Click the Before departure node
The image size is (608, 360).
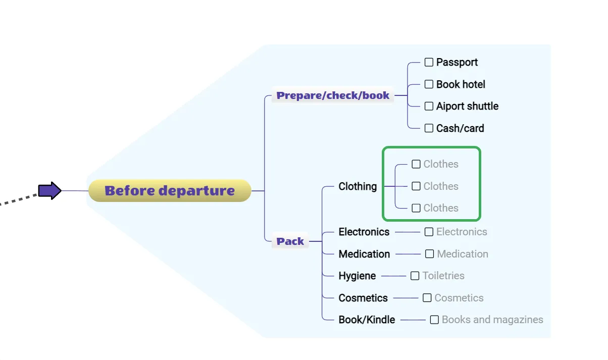click(x=170, y=191)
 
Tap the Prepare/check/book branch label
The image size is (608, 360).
click(x=333, y=95)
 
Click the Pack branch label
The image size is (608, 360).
click(x=290, y=241)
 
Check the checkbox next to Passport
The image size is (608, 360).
click(x=429, y=62)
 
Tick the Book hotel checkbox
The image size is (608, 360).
click(x=429, y=84)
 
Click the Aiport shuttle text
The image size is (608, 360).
click(x=467, y=106)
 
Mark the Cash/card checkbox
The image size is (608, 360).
click(x=429, y=128)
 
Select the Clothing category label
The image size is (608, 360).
click(x=358, y=186)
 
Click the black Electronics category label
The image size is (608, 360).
click(x=364, y=232)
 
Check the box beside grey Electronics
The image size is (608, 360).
click(x=429, y=232)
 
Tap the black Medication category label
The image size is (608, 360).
click(x=364, y=254)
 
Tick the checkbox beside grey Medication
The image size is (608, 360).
click(x=429, y=254)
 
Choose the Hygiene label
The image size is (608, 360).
click(x=357, y=276)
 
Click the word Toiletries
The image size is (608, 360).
click(x=443, y=276)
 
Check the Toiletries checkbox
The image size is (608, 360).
click(x=415, y=276)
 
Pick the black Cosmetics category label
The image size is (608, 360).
click(x=363, y=298)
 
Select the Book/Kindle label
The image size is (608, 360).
click(x=367, y=320)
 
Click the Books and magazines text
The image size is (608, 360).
click(x=492, y=320)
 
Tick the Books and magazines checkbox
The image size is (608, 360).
click(x=434, y=320)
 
